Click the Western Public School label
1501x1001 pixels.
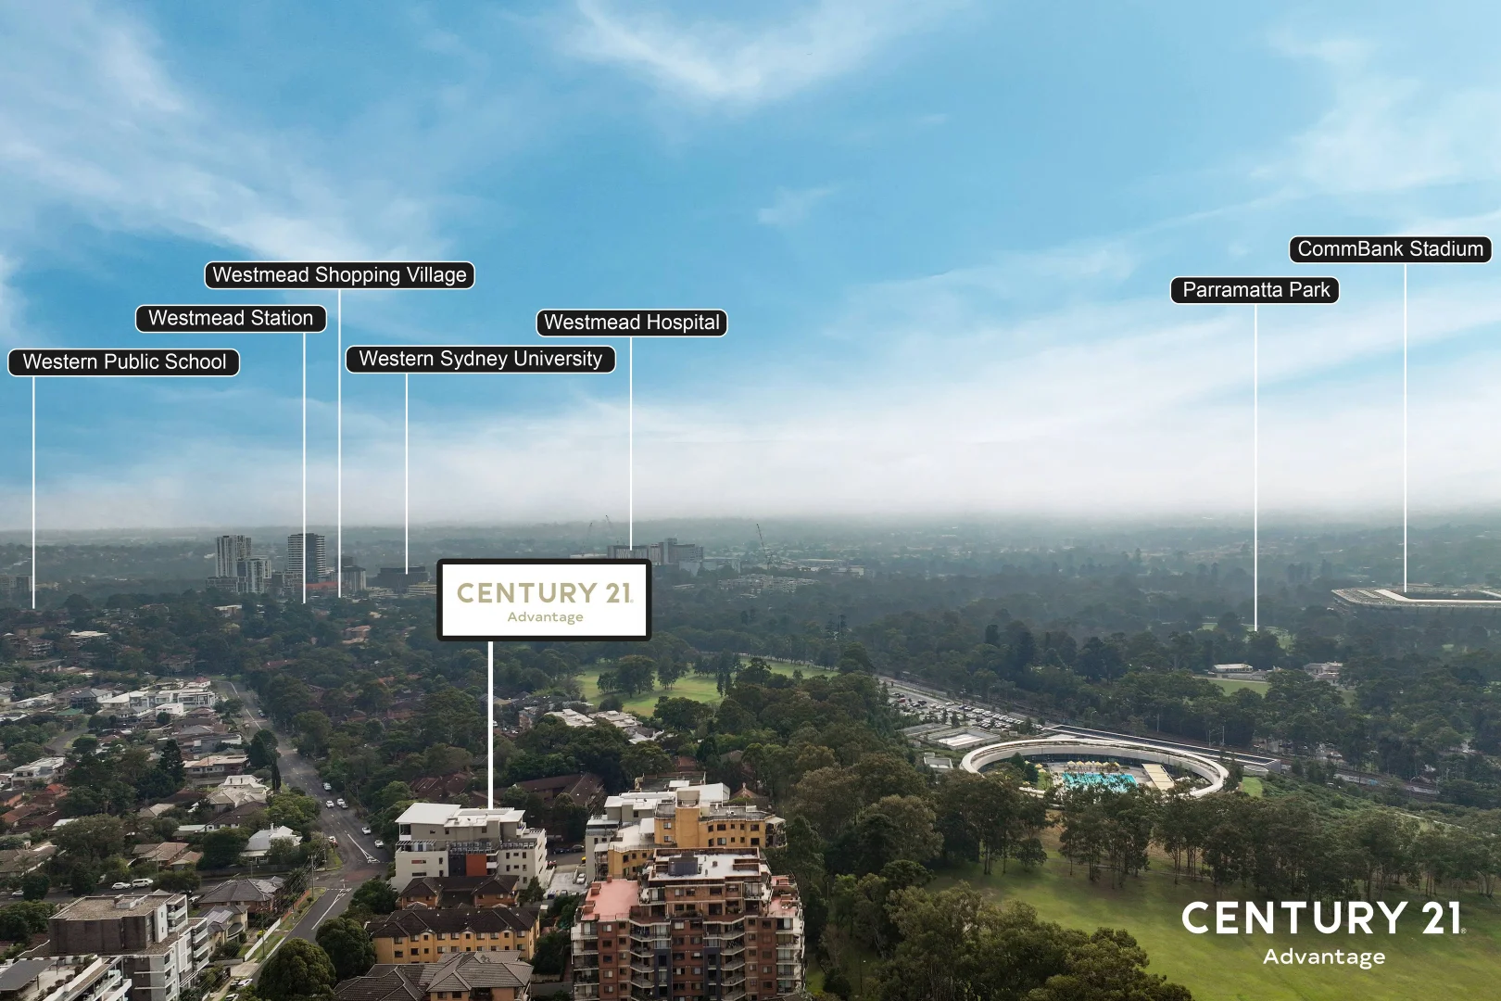pyautogui.click(x=124, y=362)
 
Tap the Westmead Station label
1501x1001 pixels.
pyautogui.click(x=231, y=319)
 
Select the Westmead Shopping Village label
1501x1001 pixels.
pyautogui.click(x=340, y=275)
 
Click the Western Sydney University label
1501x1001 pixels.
pyautogui.click(x=481, y=360)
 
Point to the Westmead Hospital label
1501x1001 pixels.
pyautogui.click(x=632, y=323)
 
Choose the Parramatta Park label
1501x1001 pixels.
pyautogui.click(x=1255, y=290)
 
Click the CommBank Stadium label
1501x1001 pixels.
pyautogui.click(x=1391, y=249)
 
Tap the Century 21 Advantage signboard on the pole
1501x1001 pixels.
pyautogui.click(x=544, y=600)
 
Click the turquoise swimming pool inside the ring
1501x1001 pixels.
pyautogui.click(x=1099, y=780)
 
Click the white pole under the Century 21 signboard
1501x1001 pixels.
pyautogui.click(x=490, y=725)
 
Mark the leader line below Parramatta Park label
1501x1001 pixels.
pyautogui.click(x=1255, y=467)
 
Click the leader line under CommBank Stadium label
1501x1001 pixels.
pyautogui.click(x=1406, y=427)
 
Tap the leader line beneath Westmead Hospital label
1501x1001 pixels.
pyautogui.click(x=631, y=443)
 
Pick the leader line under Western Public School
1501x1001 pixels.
pyautogui.click(x=33, y=492)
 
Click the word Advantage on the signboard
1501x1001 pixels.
pyautogui.click(x=545, y=617)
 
